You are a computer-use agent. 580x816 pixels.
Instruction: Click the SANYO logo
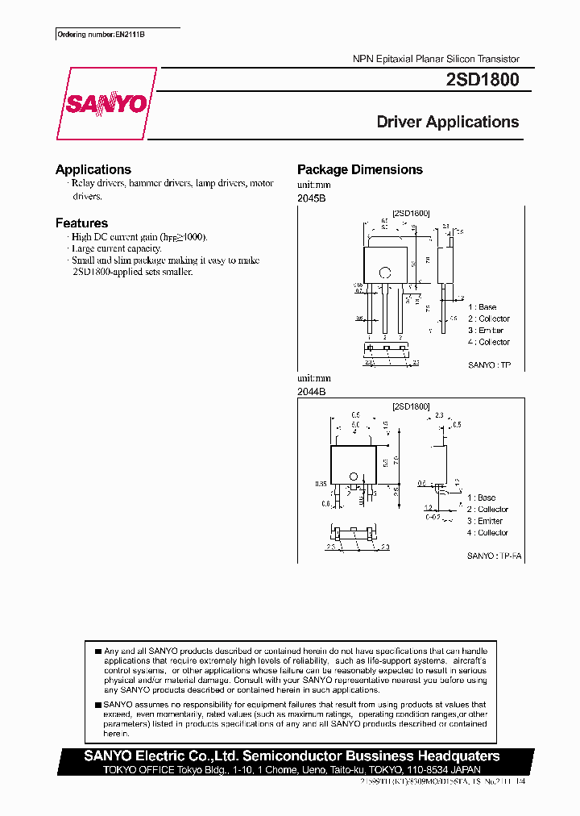[x=106, y=104]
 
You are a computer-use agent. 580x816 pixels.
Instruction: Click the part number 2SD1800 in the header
[x=482, y=81]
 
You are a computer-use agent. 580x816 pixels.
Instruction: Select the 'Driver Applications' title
[x=448, y=123]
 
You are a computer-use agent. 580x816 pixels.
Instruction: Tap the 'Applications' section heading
[x=93, y=169]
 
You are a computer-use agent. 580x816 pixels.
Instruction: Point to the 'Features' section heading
[x=81, y=223]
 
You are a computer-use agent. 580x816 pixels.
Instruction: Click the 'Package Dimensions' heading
[x=359, y=169]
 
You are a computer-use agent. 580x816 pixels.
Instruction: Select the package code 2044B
[x=311, y=390]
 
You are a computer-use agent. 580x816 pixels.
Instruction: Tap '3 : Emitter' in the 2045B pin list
[x=486, y=331]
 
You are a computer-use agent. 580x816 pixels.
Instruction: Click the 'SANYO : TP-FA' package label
[x=488, y=556]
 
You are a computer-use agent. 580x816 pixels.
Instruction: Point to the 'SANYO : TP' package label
[x=489, y=365]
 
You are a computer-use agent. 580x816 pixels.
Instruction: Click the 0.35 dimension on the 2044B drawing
[x=321, y=485]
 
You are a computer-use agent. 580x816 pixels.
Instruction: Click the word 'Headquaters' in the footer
[x=454, y=756]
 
